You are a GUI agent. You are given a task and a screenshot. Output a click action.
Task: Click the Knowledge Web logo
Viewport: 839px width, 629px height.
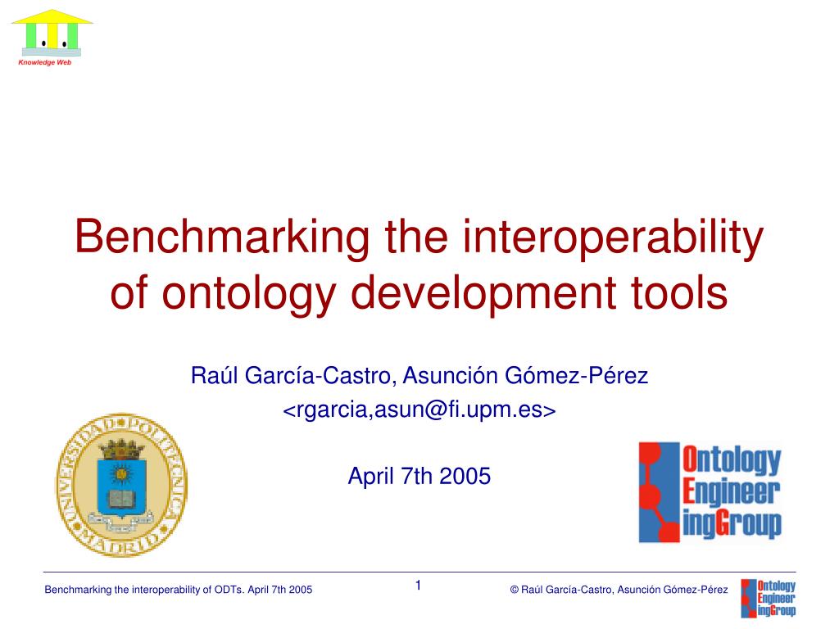(52, 38)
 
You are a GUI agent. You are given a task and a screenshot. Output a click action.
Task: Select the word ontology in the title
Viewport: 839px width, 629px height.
(249, 294)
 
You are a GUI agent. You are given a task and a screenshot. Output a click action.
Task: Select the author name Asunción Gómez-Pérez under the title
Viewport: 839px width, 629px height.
(525, 375)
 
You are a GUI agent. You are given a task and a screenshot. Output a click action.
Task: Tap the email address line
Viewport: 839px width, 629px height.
(419, 410)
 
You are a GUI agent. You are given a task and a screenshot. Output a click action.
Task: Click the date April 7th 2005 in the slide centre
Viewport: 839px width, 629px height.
(419, 476)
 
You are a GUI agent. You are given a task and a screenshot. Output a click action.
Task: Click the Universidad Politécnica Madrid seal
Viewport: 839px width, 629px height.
(121, 485)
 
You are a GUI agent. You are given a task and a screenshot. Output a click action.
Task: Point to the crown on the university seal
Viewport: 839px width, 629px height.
(122, 450)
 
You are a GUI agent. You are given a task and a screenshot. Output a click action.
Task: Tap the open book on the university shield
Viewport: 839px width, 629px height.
(122, 499)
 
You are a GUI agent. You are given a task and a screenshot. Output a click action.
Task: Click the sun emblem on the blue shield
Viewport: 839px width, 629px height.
(121, 474)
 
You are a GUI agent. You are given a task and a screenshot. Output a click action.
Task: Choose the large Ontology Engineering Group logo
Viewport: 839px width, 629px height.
(710, 492)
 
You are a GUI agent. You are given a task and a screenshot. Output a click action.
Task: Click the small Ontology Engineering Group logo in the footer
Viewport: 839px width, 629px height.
(769, 599)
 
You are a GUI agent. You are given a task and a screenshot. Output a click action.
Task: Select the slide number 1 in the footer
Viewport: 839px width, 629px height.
(419, 586)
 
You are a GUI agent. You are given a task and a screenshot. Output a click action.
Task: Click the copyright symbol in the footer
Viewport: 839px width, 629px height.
(515, 590)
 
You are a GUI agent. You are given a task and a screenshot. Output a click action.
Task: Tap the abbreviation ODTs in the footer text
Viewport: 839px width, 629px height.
(229, 590)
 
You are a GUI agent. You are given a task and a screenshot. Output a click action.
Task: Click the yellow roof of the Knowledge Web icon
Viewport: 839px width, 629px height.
(52, 17)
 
